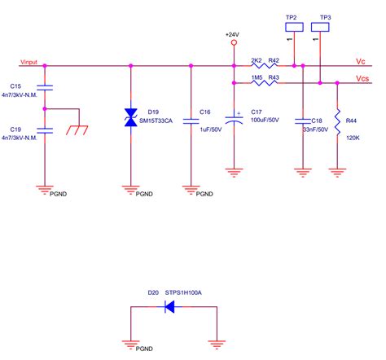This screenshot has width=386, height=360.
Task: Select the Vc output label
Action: [361, 62]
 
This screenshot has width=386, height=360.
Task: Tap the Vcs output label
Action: [362, 79]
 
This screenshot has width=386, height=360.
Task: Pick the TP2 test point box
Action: [291, 27]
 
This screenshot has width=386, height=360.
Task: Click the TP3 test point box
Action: [325, 27]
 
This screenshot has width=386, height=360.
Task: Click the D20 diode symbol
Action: [170, 307]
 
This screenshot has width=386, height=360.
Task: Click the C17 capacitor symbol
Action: [235, 119]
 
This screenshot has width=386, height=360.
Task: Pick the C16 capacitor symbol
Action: [191, 120]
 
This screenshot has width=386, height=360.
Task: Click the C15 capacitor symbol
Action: [45, 86]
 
